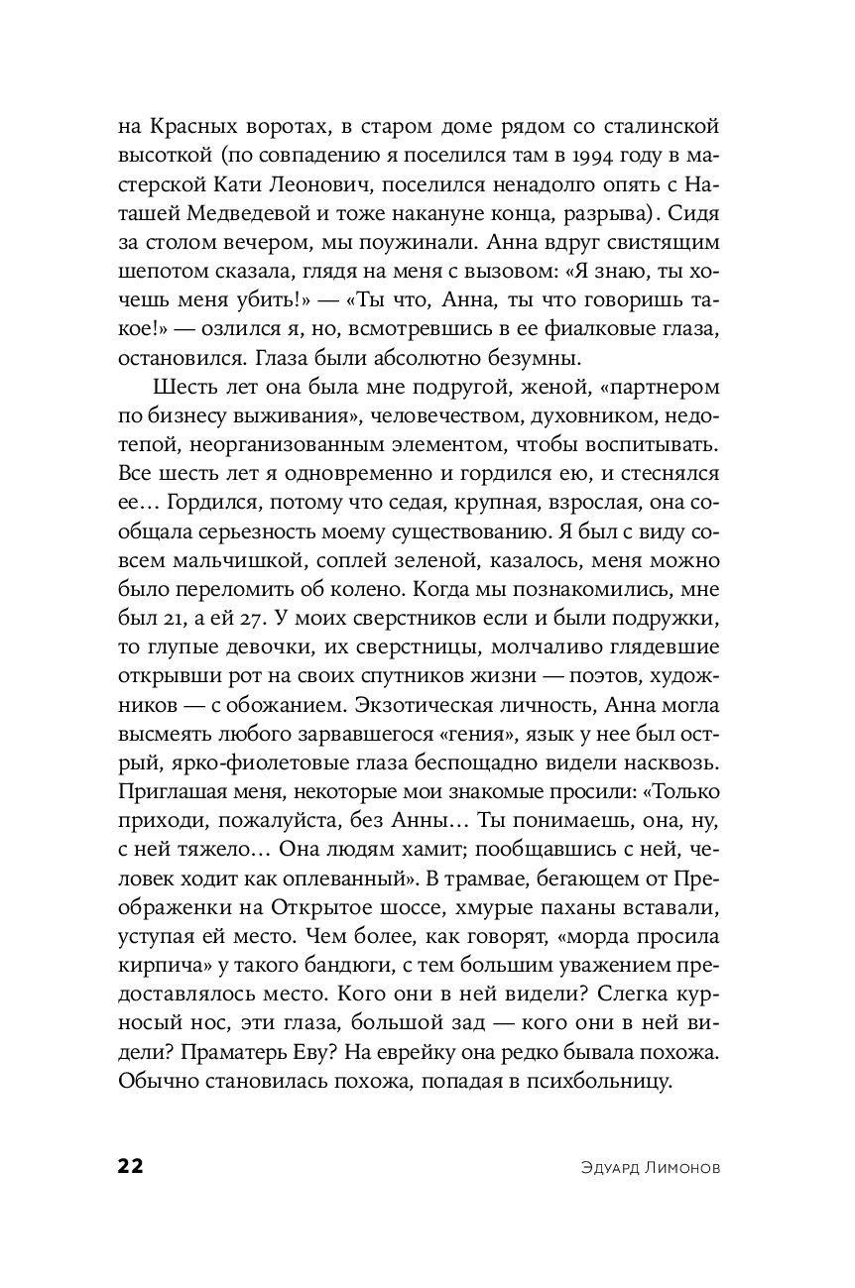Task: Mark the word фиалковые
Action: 614,327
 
